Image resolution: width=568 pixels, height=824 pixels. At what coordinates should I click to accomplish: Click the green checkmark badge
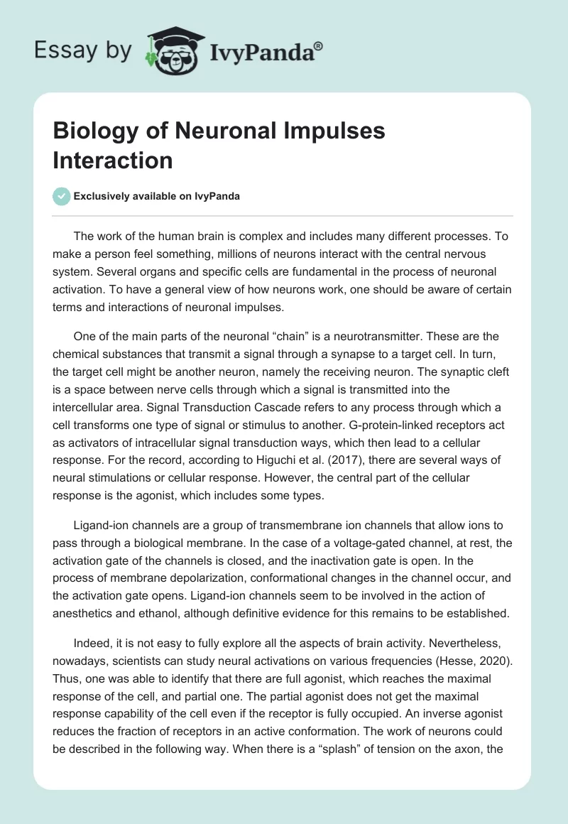(x=62, y=196)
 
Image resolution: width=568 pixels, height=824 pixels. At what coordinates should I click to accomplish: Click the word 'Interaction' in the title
(x=112, y=160)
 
